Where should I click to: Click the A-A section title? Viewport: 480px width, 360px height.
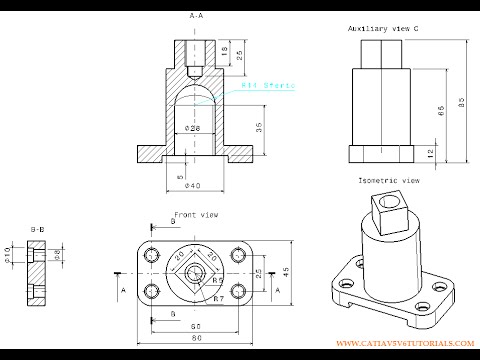(x=196, y=16)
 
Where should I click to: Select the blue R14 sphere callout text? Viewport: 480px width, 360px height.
(x=267, y=87)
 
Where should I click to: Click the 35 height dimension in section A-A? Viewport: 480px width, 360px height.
(x=259, y=127)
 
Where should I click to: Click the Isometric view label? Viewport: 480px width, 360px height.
(x=388, y=180)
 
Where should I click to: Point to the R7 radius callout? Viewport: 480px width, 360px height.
(x=218, y=297)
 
